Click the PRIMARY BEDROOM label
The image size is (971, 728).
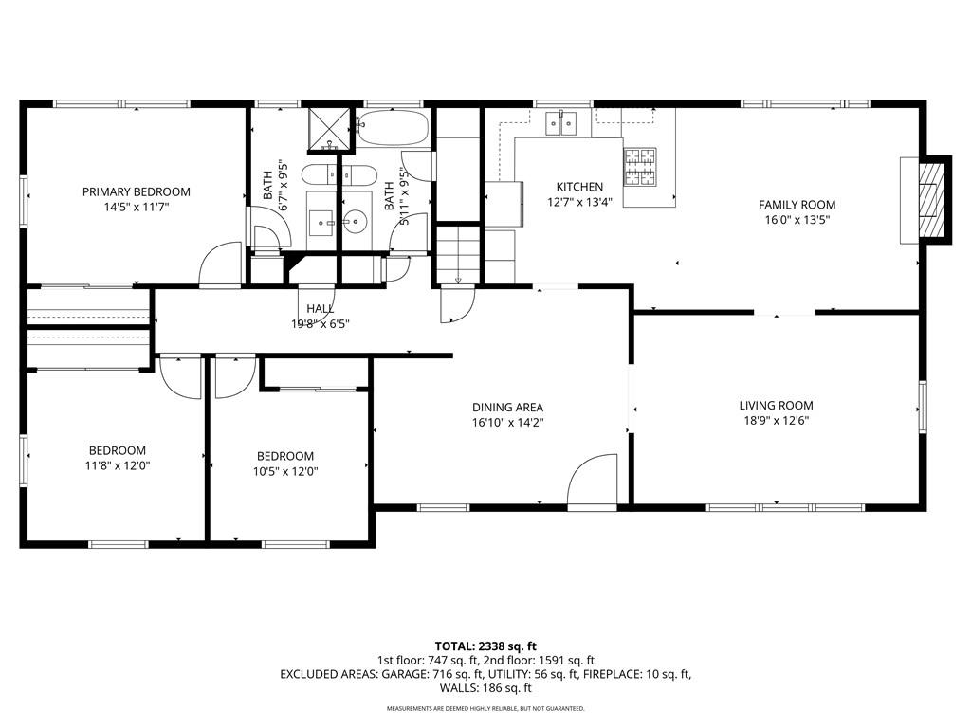click(137, 191)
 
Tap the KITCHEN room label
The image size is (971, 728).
click(579, 187)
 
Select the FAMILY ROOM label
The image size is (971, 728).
click(797, 205)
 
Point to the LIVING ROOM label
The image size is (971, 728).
click(776, 406)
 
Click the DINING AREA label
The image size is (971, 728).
click(508, 408)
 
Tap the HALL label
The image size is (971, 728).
click(321, 308)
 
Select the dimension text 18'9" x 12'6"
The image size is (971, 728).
click(776, 420)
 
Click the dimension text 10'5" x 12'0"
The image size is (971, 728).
click(285, 471)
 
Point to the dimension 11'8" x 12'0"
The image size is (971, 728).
click(118, 465)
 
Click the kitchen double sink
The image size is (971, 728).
click(561, 123)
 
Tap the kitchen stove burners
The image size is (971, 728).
click(640, 167)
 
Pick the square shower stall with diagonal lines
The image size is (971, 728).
click(329, 129)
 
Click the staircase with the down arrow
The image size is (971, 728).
click(458, 255)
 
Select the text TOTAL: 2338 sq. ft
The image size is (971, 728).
click(485, 646)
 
